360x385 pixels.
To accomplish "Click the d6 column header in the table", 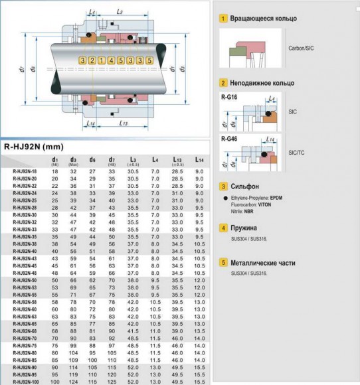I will (x=93, y=160).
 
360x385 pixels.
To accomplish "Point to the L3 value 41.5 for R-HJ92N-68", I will (x=133, y=330).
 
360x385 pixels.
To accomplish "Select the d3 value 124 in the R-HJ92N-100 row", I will (x=74, y=382).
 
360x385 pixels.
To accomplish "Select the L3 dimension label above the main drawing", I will (x=118, y=13).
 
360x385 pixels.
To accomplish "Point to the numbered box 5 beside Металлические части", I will (x=223, y=263).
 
